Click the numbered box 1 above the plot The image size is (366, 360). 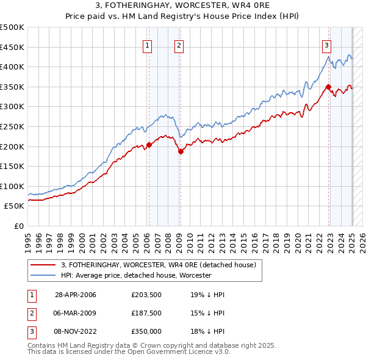148,45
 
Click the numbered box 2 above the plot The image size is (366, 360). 179,45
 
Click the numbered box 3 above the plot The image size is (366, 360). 327,45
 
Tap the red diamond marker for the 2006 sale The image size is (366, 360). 149,145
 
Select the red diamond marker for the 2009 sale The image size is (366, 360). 181,151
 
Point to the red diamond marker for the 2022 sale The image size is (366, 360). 328,87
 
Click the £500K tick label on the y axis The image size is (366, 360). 12,27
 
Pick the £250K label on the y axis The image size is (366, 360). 12,126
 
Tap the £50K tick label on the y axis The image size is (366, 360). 15,206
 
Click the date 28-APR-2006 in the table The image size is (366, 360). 75,295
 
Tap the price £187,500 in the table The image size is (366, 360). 146,313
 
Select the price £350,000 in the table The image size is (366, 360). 146,331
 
